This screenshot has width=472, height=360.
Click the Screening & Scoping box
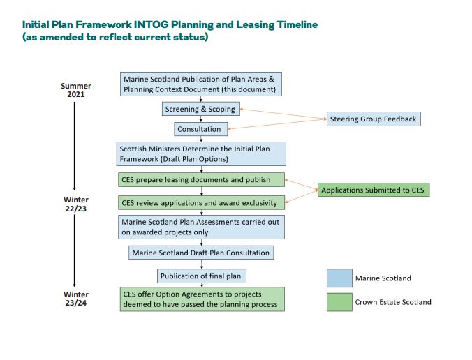click(x=200, y=109)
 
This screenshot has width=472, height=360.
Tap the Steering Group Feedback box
click(x=373, y=119)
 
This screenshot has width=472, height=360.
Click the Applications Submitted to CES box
click(x=373, y=190)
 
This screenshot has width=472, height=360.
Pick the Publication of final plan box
click(x=202, y=276)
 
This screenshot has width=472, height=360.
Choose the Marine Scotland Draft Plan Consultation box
click(x=201, y=252)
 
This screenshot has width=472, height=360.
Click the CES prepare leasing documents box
click(x=202, y=180)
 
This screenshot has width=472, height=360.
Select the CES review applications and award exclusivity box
click(x=202, y=203)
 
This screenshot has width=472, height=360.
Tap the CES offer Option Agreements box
click(x=202, y=299)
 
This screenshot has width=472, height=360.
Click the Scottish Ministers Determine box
click(x=202, y=153)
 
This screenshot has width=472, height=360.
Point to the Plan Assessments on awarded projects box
click(x=202, y=227)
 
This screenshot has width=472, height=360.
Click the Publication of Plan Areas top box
click(x=202, y=84)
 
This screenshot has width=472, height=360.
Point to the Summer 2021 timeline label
click(x=75, y=90)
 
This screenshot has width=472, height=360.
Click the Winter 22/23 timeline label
click(x=75, y=203)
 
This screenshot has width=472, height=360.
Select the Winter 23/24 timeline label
click(x=75, y=298)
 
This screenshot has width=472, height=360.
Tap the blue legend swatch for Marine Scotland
click(x=339, y=278)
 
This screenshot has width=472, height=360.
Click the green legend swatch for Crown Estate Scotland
click(x=339, y=302)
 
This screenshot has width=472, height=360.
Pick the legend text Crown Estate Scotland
click(x=393, y=302)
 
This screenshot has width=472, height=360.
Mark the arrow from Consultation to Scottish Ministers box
click(x=201, y=139)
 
